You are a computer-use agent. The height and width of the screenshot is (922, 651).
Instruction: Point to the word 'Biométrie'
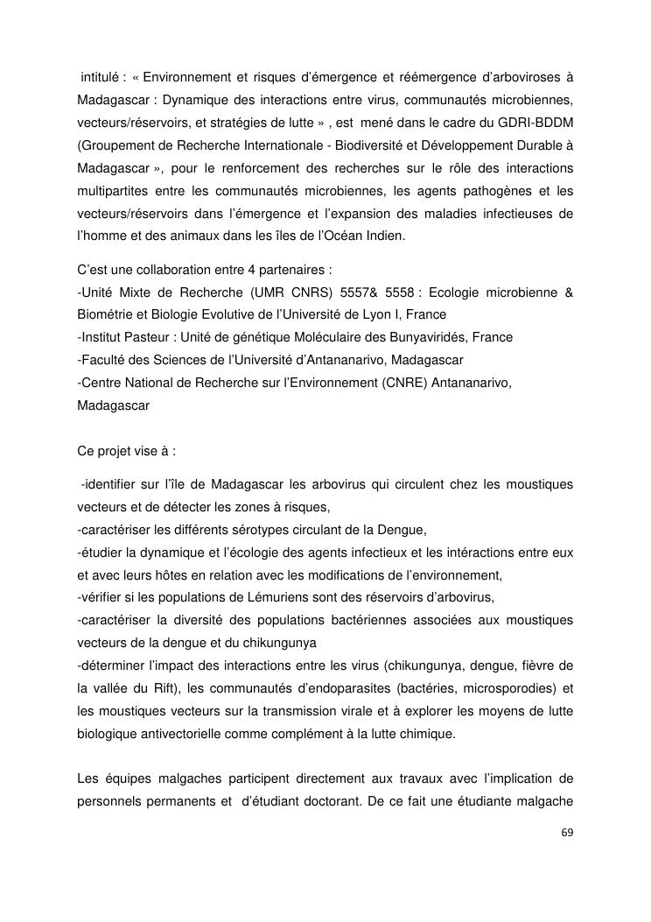pyautogui.click(x=104, y=314)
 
